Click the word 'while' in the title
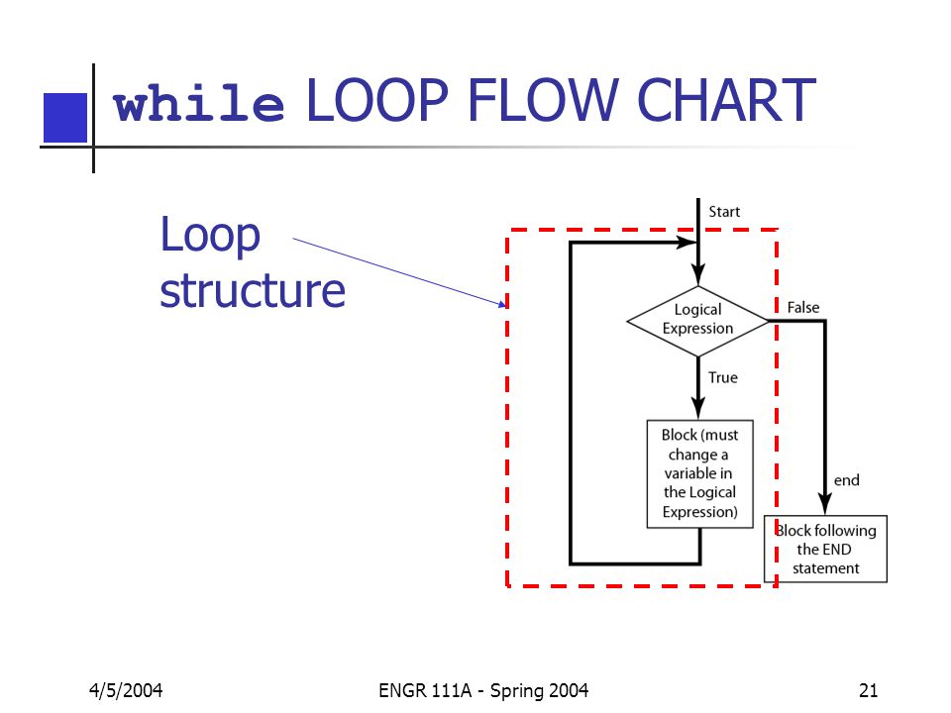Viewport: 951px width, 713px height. click(198, 102)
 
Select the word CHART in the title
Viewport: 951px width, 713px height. click(726, 99)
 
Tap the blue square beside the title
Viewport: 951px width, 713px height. click(65, 118)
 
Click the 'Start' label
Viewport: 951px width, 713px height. click(724, 212)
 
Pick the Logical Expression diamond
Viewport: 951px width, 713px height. click(698, 321)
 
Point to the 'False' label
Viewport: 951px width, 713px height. click(803, 307)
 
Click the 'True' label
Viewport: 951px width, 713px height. click(723, 377)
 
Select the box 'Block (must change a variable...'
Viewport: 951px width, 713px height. click(700, 473)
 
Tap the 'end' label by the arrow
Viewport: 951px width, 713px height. click(847, 480)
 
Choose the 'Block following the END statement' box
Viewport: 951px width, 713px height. click(825, 549)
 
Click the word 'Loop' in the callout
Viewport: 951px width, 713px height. click(210, 236)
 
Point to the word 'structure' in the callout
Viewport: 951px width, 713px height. click(253, 290)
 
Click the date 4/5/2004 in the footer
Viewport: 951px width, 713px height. click(126, 690)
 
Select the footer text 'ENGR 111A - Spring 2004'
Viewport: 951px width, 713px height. click(483, 690)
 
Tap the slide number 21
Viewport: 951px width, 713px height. click(868, 690)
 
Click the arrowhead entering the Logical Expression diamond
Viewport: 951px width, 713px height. click(698, 274)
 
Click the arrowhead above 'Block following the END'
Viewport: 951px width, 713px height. click(825, 504)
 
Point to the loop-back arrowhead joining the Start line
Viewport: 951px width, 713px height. click(687, 243)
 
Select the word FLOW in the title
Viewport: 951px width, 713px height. click(543, 99)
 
